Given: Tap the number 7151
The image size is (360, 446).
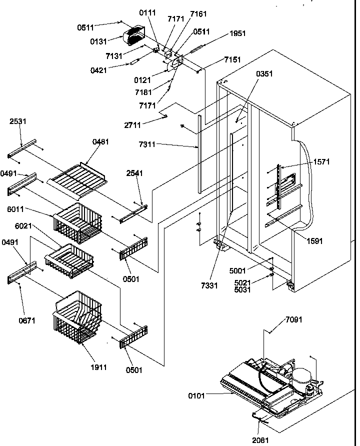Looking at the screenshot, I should coord(232,60).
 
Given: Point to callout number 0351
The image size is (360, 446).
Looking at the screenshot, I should coord(264,74).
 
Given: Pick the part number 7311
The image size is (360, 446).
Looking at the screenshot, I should coord(147,145).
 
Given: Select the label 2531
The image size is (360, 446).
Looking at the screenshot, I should coord(18,121).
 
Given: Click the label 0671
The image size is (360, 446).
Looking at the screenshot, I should coord(27,320).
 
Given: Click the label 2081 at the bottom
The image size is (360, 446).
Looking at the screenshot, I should coord(260,440).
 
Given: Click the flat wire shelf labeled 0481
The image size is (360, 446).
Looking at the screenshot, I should coord(77,174).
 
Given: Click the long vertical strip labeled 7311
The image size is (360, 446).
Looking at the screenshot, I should coord(200,152).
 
